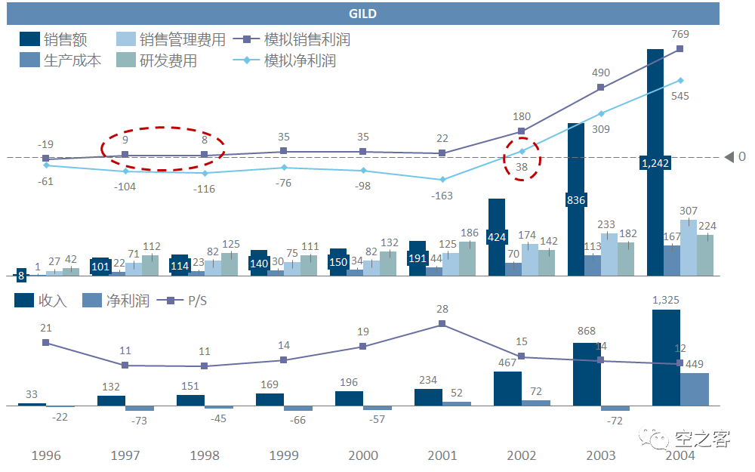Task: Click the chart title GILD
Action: [363, 14]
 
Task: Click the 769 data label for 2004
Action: [680, 33]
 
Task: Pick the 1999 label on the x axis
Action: [284, 455]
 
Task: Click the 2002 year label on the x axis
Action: [522, 455]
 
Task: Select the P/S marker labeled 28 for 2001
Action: [442, 324]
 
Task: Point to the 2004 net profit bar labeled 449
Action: [695, 389]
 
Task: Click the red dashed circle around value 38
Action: [522, 159]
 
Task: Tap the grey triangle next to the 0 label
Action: [729, 157]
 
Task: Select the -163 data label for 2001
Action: [442, 196]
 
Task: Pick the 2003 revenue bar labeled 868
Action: [587, 374]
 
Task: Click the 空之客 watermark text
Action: [702, 439]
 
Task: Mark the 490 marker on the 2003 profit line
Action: [601, 88]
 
